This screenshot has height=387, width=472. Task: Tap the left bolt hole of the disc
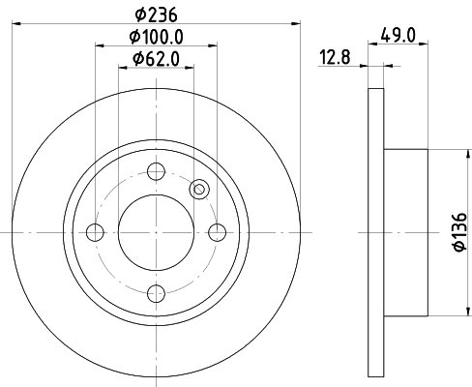pos(95,232)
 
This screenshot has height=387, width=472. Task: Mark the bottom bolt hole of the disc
pos(155,292)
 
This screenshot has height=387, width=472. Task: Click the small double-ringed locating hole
pos(200,190)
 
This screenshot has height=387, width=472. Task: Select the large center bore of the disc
pos(155,232)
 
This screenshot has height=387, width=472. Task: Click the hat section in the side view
pos(406,232)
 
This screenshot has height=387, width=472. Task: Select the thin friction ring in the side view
pos(376,232)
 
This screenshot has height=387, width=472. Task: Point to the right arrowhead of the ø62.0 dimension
pos(188,67)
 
